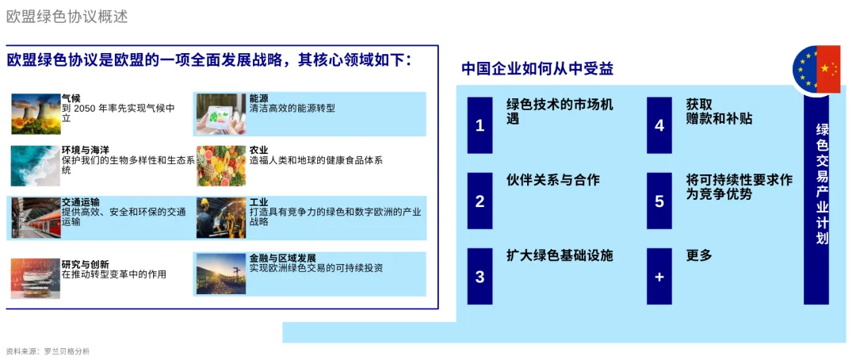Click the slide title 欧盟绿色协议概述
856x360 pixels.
(x=67, y=17)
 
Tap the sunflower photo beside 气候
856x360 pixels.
(x=36, y=113)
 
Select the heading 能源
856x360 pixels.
(x=258, y=98)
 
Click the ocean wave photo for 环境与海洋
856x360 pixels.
(x=36, y=166)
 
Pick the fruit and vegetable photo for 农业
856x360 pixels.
(x=221, y=166)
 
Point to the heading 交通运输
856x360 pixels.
(x=81, y=203)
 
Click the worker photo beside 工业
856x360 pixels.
(x=221, y=218)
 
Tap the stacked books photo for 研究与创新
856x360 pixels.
(x=36, y=278)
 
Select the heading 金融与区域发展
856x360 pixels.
(x=283, y=258)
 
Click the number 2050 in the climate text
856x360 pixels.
(x=88, y=108)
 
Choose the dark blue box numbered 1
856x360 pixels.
(x=480, y=125)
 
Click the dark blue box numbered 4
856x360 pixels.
(x=659, y=125)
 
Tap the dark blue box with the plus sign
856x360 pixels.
(x=659, y=277)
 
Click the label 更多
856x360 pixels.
(x=699, y=255)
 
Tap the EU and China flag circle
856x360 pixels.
(x=816, y=69)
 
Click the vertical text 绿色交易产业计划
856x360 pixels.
(x=822, y=184)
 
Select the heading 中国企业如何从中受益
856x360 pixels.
(x=537, y=69)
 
